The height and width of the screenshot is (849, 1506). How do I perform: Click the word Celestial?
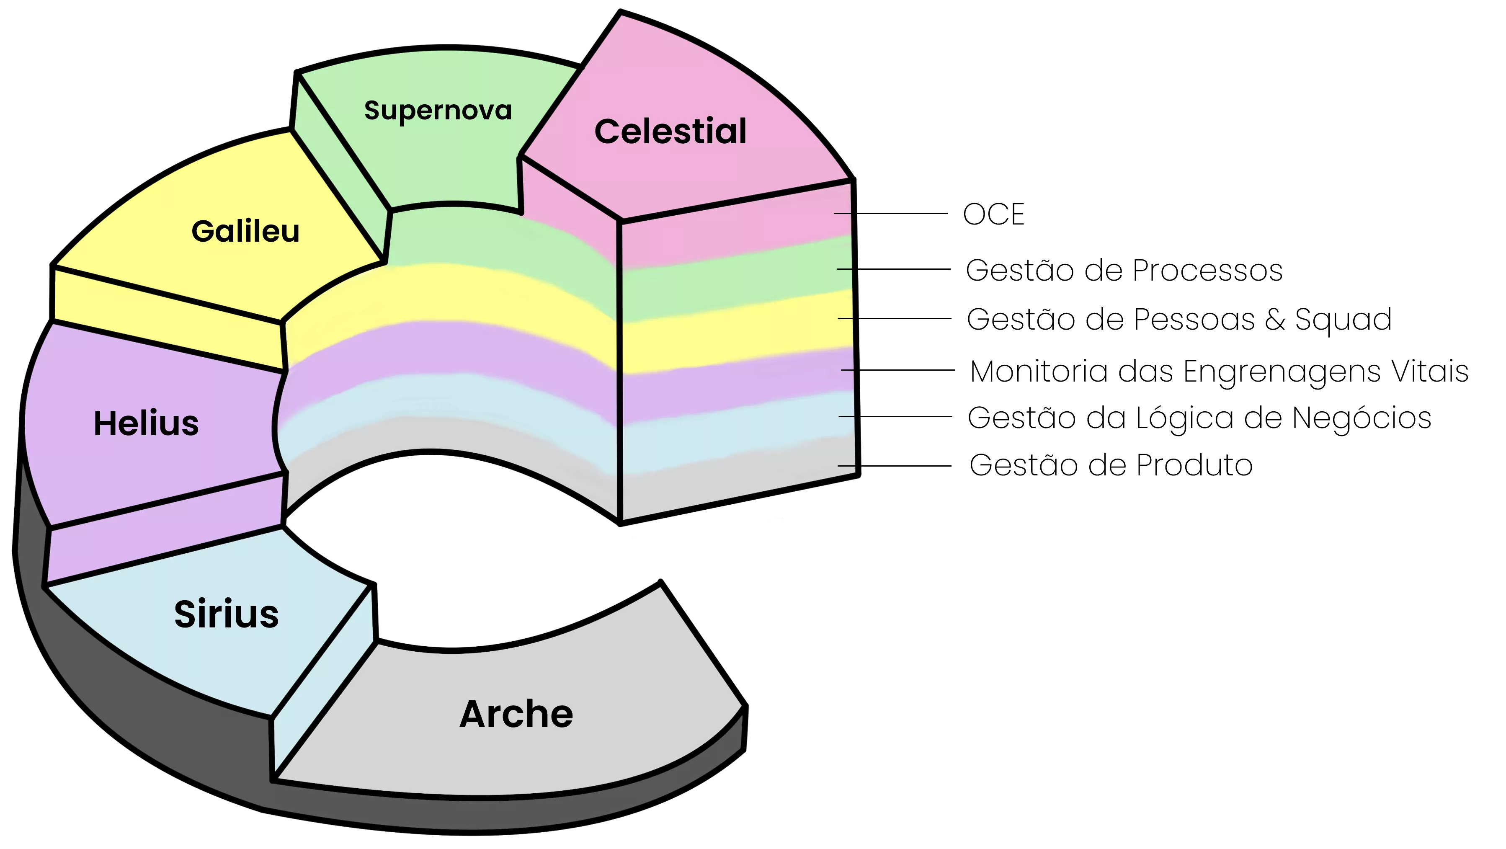pos(670,131)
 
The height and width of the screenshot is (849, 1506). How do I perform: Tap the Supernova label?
pos(438,111)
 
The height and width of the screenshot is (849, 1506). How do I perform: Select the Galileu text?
pos(245,231)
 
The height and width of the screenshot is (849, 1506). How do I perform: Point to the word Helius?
pos(146,423)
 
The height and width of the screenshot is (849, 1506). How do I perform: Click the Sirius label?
pos(226,614)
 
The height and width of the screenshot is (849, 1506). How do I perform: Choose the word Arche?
pos(516,714)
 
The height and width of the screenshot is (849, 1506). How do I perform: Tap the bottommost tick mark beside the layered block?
pos(846,466)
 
